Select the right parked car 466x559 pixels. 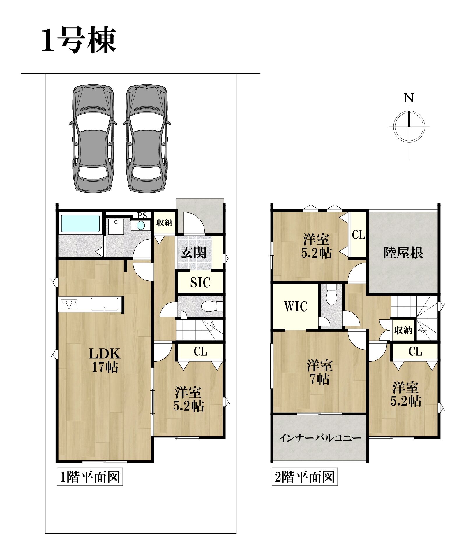147,138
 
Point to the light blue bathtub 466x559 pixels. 80,224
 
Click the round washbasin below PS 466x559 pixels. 141,225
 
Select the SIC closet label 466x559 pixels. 200,282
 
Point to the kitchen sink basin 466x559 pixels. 105,304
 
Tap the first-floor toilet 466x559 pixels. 212,306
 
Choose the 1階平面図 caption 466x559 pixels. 90,478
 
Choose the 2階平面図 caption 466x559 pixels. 305,478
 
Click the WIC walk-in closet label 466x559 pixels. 296,307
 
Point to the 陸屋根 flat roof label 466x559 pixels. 403,253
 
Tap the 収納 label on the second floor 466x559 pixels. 403,330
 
